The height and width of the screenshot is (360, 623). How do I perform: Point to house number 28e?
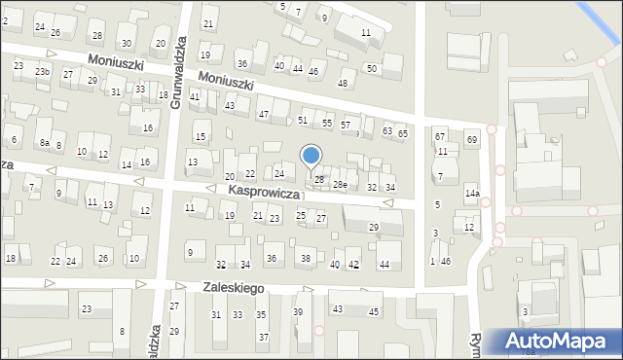[340, 185]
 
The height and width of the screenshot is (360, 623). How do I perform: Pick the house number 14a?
[472, 194]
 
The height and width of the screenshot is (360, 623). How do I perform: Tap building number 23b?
[42, 72]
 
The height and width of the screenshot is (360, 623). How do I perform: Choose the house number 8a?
[45, 143]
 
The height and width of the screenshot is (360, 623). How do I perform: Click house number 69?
[471, 141]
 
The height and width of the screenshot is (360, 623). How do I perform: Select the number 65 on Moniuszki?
[403, 131]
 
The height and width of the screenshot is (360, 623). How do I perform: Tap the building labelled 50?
[371, 67]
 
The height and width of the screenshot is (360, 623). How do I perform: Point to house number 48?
[342, 84]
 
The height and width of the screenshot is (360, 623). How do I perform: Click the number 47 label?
[263, 115]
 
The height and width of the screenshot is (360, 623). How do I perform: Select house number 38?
[305, 258]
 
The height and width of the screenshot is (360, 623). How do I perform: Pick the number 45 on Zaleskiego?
[374, 311]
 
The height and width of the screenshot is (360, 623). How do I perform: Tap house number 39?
[298, 311]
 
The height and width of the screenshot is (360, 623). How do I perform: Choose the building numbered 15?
[200, 136]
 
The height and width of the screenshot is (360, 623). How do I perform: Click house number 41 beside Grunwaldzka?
[195, 96]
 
